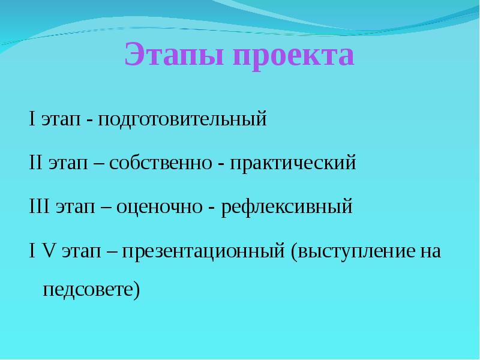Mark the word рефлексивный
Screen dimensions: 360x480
click(286, 208)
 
